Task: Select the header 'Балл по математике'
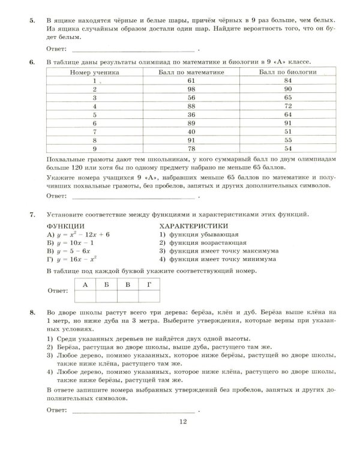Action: pos(191,71)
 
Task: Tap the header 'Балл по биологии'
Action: pos(287,71)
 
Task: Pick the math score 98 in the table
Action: pos(191,88)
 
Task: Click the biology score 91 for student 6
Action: pos(287,122)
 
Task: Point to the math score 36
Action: pos(191,113)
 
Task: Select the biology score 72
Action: pos(287,105)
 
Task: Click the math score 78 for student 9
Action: pos(191,147)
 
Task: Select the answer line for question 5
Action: pos(132,49)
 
